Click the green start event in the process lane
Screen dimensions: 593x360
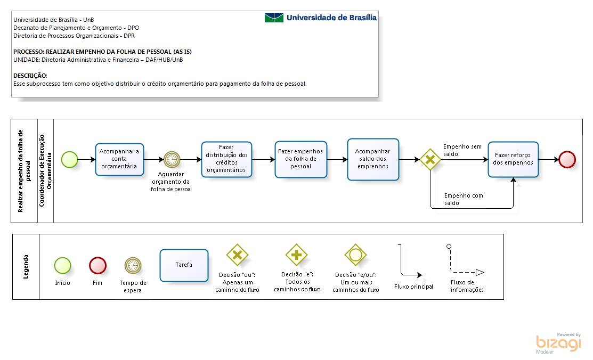click(x=70, y=160)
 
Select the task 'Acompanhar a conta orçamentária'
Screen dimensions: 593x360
click(x=119, y=159)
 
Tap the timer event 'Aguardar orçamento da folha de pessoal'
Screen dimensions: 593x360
click(x=172, y=160)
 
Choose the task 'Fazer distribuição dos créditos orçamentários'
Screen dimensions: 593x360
click(x=226, y=159)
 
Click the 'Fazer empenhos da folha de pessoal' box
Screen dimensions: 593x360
click(x=301, y=159)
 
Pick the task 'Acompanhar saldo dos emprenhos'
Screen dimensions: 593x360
click(x=373, y=159)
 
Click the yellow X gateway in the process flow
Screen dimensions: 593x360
click(x=430, y=160)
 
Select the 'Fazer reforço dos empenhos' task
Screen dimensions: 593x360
click(x=513, y=159)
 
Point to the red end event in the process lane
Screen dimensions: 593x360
click(x=567, y=160)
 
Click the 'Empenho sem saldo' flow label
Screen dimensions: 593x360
click(x=462, y=150)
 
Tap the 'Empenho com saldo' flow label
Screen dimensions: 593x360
click(x=464, y=199)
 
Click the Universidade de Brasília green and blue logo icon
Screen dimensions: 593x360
click(x=274, y=18)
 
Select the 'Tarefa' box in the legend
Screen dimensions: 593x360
click(x=184, y=265)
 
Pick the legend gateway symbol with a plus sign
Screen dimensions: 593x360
click(x=296, y=255)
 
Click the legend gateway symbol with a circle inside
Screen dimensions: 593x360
click(x=355, y=255)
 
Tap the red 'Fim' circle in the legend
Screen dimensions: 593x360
click(x=98, y=265)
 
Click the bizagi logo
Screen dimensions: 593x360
click(x=558, y=343)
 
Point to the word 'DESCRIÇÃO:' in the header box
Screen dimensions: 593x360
click(x=30, y=76)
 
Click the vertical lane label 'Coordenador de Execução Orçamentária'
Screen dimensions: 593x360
click(x=45, y=170)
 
